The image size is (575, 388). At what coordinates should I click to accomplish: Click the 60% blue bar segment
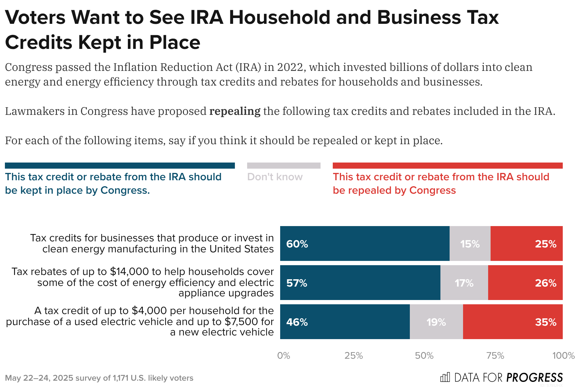coord(365,243)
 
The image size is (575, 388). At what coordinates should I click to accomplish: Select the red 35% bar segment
coord(513,322)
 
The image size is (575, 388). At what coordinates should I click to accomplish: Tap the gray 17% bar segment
coord(464,283)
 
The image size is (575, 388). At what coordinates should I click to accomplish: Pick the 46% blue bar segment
coord(345,322)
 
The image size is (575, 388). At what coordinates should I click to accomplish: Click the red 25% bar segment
coord(526,243)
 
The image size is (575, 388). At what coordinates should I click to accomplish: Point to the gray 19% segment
coord(436,322)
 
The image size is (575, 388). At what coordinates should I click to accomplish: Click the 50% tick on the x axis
coord(424,356)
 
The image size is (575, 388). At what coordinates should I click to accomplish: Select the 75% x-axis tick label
coord(495,356)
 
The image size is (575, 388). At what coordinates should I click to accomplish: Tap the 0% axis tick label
coord(284,356)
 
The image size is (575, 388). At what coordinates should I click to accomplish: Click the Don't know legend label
coord(275,177)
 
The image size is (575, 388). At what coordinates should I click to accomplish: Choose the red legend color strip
coord(447,166)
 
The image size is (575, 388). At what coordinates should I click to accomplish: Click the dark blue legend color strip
coord(120,166)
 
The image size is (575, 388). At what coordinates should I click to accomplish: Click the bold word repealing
coord(235,111)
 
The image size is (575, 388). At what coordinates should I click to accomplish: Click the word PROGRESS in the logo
coord(534,378)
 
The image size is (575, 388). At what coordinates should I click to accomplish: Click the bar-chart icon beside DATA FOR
coord(445,378)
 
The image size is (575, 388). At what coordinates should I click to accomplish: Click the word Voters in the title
coord(35,17)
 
